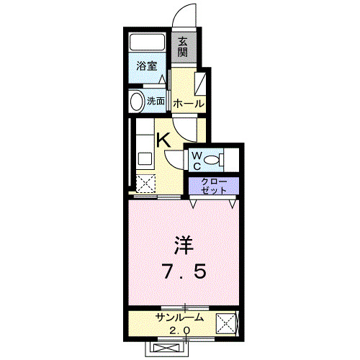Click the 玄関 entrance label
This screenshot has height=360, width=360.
click(184, 47)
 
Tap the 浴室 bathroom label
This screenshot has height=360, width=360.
click(147, 66)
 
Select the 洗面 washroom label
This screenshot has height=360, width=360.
click(156, 101)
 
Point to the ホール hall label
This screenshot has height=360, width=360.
click(188, 104)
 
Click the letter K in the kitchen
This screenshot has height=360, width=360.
click(164, 140)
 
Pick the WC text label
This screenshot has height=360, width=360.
click(197, 159)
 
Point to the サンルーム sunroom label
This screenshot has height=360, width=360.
click(179, 318)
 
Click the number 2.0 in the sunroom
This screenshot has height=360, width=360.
click(179, 330)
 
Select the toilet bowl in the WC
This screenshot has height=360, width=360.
click(214, 159)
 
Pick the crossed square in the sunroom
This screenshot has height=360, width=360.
click(228, 325)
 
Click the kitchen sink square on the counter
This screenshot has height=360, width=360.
click(142, 159)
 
